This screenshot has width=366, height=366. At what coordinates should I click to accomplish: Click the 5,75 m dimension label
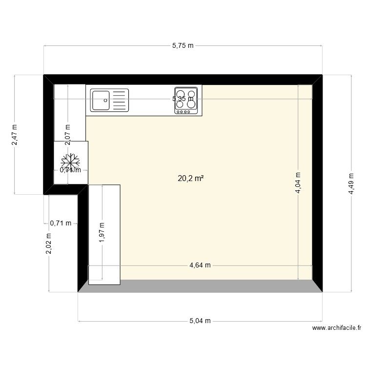[x=183, y=46]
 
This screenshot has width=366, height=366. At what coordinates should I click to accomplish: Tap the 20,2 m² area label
[x=190, y=179]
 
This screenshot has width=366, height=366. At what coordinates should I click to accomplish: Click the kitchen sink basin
[x=101, y=100]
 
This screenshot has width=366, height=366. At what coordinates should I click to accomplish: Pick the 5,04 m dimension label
[x=200, y=321]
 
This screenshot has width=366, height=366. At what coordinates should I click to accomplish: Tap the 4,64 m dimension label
[x=200, y=266]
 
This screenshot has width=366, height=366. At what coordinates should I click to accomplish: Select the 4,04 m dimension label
[x=298, y=183]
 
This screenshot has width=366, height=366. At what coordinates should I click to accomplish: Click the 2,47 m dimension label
[x=15, y=134]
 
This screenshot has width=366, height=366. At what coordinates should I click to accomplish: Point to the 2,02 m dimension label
[x=49, y=243]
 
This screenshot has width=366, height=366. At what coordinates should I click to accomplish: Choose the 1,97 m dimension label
[x=102, y=232]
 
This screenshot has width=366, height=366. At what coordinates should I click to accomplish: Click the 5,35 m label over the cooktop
[x=183, y=99]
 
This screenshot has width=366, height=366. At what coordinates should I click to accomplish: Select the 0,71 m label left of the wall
[x=61, y=224]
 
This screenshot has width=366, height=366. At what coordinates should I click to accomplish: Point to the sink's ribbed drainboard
[x=119, y=100]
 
